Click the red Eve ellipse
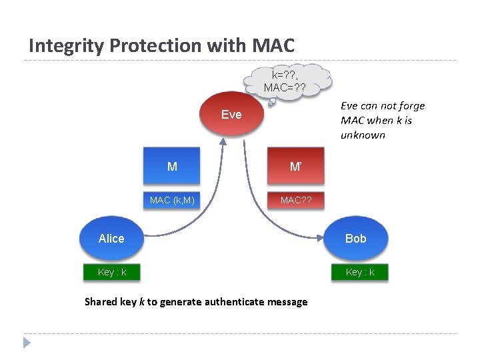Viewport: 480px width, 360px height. (x=231, y=114)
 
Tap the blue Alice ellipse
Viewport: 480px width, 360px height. (x=111, y=238)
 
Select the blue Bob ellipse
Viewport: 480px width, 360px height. (x=356, y=238)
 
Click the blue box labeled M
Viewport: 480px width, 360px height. (x=172, y=167)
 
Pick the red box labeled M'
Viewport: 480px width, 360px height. (x=295, y=167)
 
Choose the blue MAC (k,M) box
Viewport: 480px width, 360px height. (x=172, y=199)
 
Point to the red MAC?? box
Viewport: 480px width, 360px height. (x=295, y=199)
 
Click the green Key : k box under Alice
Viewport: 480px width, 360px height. (x=111, y=272)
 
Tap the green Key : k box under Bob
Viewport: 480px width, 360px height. (x=360, y=272)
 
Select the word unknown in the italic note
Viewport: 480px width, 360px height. (x=363, y=135)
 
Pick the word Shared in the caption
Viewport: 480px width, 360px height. (x=101, y=302)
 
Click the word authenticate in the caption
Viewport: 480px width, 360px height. (x=228, y=302)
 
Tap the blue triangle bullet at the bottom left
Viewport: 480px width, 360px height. (x=27, y=343)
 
